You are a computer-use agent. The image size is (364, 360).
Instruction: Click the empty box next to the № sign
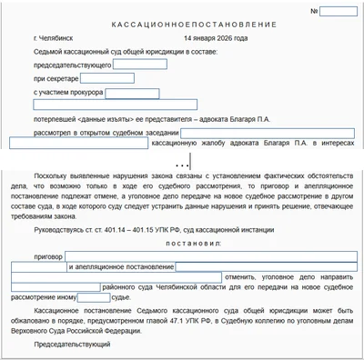point(339,12)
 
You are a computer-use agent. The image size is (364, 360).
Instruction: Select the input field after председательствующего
point(139,65)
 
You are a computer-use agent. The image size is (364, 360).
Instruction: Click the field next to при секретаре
point(103,79)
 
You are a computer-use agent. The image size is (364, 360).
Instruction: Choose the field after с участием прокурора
point(133,93)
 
